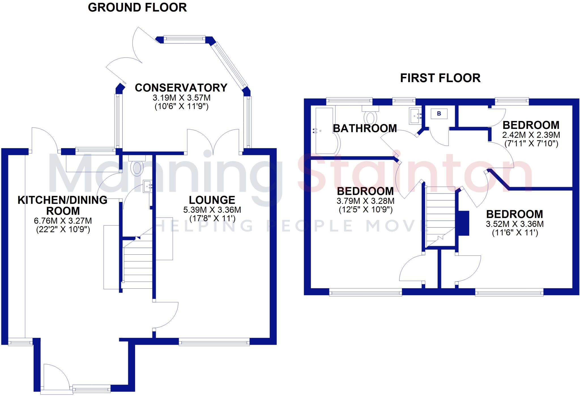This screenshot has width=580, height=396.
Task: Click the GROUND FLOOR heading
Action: (x=137, y=8)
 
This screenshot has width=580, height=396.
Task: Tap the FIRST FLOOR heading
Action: (x=440, y=78)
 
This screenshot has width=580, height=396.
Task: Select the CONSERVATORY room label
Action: (x=181, y=88)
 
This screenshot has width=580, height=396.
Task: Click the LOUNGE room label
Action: (x=212, y=200)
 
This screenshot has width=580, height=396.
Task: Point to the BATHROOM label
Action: (x=365, y=129)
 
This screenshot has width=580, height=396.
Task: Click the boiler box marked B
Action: (x=439, y=114)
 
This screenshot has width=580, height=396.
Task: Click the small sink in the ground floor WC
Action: (x=148, y=186)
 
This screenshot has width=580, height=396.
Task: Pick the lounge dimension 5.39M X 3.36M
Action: (x=212, y=210)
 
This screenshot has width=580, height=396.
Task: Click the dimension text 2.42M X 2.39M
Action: (x=531, y=135)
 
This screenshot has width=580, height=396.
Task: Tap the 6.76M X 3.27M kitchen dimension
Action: (x=63, y=221)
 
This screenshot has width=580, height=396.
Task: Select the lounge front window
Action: (x=214, y=343)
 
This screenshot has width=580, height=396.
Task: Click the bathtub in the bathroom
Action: (x=325, y=130)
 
